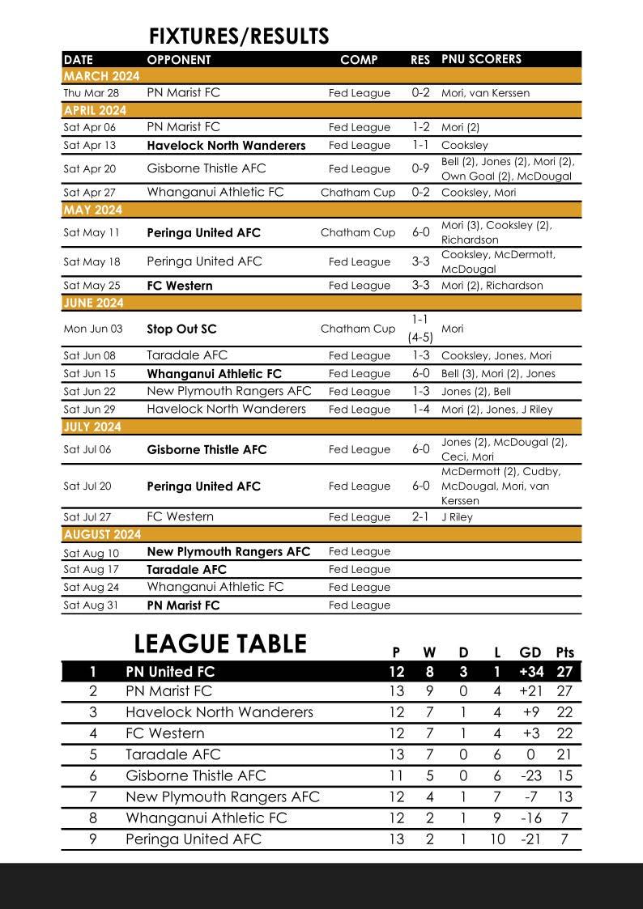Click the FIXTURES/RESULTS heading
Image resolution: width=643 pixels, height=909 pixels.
239,36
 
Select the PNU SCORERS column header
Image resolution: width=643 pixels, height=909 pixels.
481,59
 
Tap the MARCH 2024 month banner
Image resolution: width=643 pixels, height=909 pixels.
101,76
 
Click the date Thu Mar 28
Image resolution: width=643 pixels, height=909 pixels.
91,93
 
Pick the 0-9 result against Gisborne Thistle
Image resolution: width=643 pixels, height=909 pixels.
420,168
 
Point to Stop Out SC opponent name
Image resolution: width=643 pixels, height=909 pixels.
181,329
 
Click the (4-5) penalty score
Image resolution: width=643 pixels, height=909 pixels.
420,338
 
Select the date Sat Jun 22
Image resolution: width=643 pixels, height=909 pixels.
89,392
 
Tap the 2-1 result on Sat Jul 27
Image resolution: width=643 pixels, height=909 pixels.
420,516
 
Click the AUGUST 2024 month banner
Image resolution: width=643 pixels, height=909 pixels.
102,534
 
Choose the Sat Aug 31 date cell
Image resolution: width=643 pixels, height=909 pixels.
91,605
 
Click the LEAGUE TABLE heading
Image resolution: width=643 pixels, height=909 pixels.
220,644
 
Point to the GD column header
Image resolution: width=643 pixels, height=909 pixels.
530,652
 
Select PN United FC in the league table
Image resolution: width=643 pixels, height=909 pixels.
170,672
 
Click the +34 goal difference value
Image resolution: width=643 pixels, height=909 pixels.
530,672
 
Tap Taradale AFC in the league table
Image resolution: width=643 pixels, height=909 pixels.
172,754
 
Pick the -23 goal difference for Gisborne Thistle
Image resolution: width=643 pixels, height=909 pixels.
530,775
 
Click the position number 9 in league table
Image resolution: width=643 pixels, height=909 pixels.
93,839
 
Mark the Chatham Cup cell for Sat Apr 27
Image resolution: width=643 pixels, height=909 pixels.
358,193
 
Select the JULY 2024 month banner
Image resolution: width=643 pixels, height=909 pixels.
92,427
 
